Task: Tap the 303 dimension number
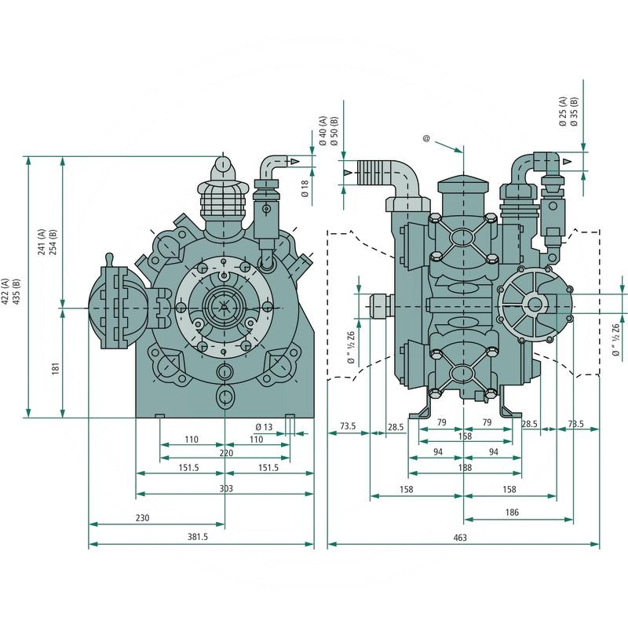point(226,488)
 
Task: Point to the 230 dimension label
point(143,518)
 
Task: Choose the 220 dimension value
point(225,454)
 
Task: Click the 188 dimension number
point(465,467)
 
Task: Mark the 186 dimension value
point(513,512)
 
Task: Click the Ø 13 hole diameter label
point(263,427)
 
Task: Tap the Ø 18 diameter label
point(306,187)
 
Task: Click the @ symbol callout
point(426,139)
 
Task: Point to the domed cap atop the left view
point(224,167)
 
